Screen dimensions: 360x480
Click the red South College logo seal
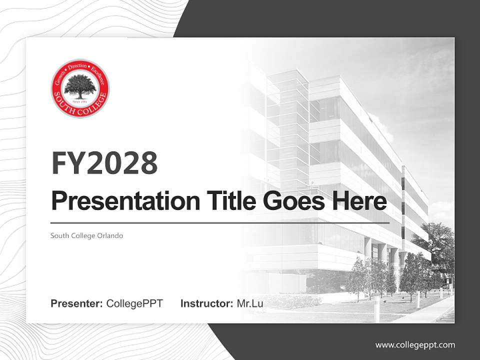80,88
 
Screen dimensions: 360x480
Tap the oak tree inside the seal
80,85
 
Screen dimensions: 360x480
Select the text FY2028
104,162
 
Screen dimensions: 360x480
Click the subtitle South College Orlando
86,235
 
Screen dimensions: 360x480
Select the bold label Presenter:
76,303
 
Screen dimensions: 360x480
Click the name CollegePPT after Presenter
134,303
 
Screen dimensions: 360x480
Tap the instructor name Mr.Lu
249,303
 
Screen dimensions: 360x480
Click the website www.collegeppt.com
415,344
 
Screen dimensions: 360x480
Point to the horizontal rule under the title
220,222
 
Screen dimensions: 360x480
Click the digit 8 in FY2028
148,162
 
